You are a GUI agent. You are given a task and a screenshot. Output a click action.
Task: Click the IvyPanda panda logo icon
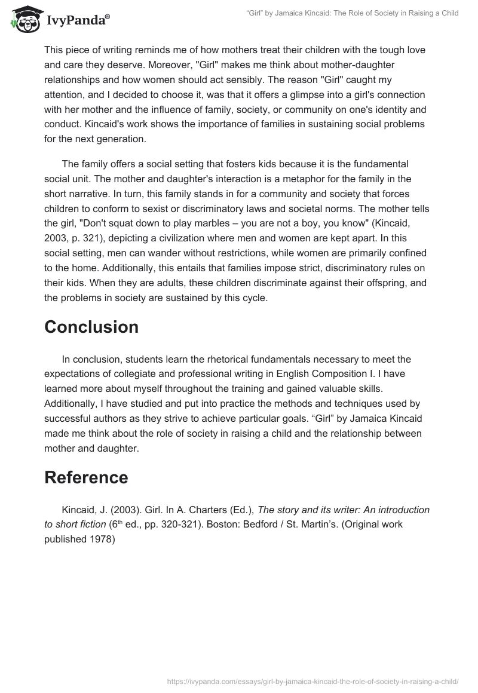(23, 19)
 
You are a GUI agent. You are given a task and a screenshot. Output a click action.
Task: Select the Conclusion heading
(91, 327)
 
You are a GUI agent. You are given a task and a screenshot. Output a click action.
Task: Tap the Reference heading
(86, 477)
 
